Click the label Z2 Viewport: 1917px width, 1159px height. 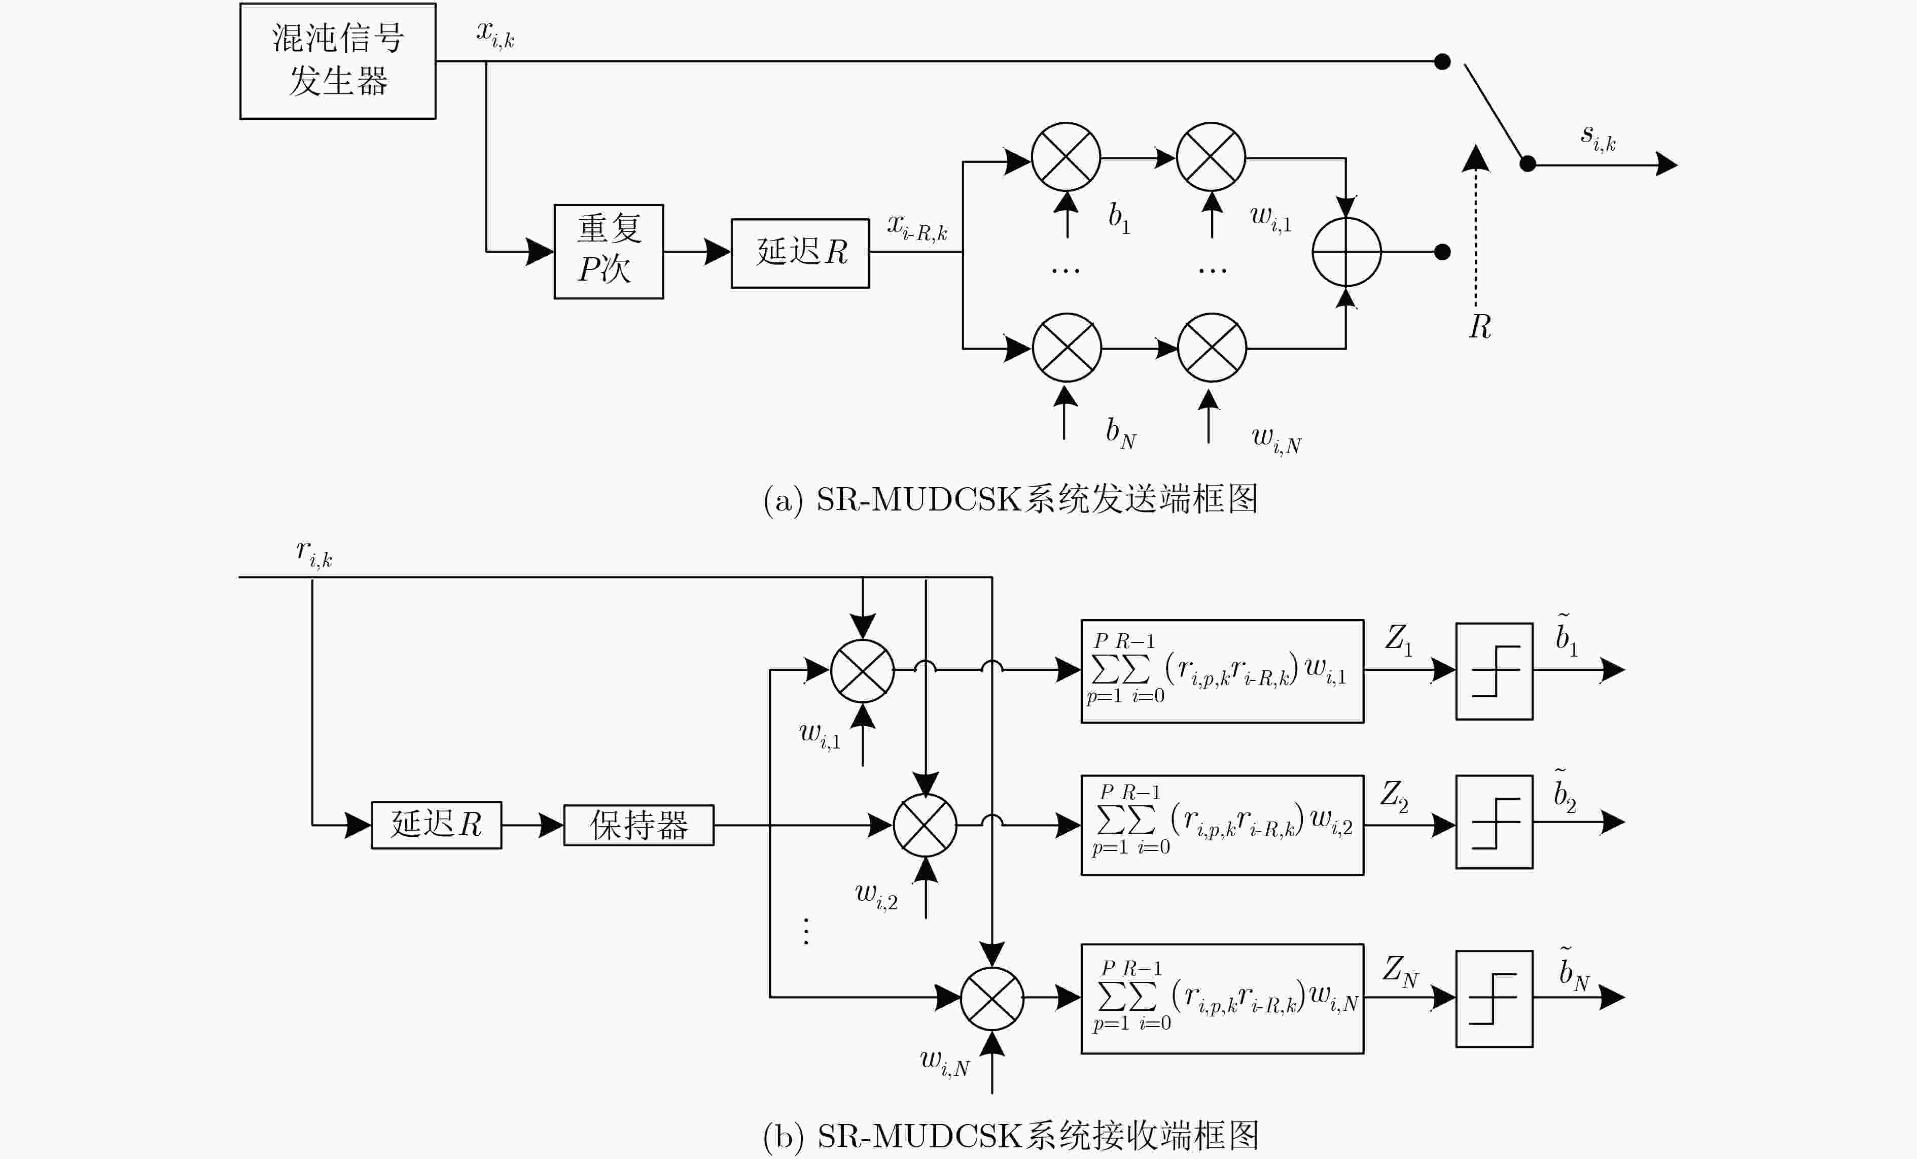[1394, 796]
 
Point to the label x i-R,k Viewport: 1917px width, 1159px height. [917, 226]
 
